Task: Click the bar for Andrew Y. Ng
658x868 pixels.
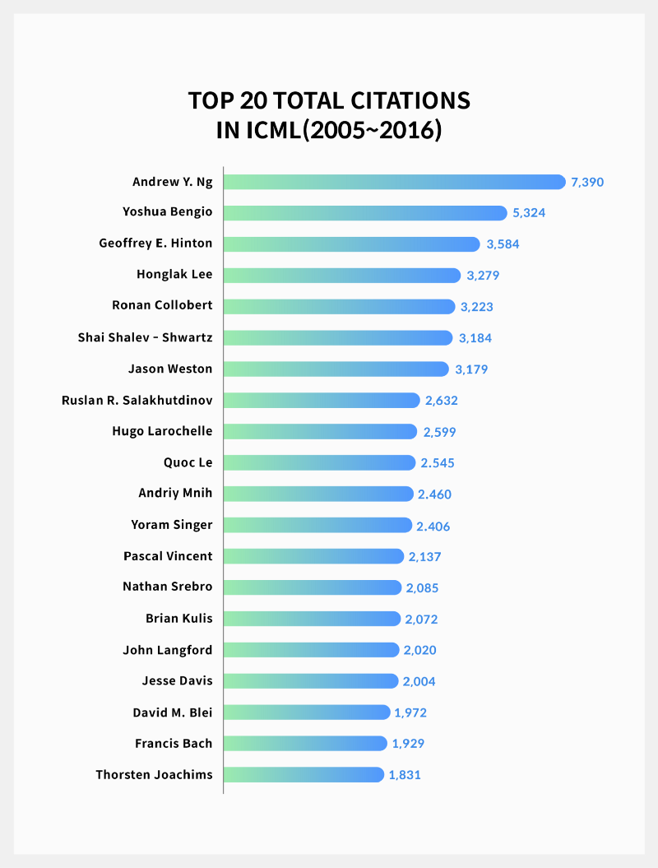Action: point(394,182)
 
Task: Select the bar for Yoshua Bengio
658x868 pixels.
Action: point(365,213)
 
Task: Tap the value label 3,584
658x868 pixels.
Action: point(503,244)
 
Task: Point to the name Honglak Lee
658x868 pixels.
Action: point(174,274)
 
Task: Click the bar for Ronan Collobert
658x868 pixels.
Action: point(339,306)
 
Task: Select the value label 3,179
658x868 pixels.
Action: point(471,369)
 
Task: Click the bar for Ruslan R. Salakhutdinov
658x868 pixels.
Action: point(322,401)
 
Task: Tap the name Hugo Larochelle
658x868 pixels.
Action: point(162,431)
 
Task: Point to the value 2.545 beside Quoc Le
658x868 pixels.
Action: point(438,463)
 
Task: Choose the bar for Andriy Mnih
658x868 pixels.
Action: point(318,494)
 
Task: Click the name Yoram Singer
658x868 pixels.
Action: point(172,525)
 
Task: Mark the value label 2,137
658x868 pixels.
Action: point(425,557)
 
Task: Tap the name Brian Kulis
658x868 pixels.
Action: point(178,619)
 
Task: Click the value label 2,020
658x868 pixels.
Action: point(419,650)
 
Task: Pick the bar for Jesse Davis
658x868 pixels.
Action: point(311,681)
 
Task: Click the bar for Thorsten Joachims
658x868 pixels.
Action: point(304,775)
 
